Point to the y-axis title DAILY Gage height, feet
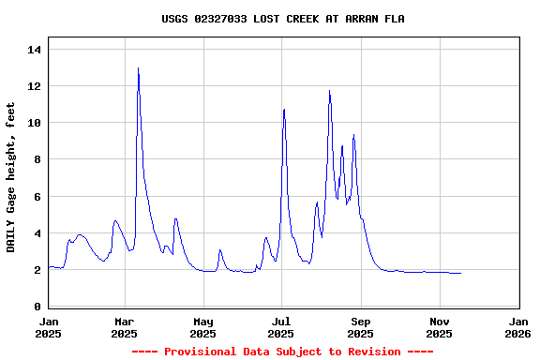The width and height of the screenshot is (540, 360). pyautogui.click(x=11, y=177)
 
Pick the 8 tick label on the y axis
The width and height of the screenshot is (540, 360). pyautogui.click(x=38, y=159)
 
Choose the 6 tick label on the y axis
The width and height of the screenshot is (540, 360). pyautogui.click(x=38, y=197)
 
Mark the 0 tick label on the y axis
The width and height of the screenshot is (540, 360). pyautogui.click(x=38, y=307)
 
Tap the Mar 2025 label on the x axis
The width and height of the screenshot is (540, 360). pyautogui.click(x=125, y=326)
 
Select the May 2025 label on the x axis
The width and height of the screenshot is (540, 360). pyautogui.click(x=203, y=326)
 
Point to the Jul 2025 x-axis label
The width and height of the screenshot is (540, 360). pyautogui.click(x=281, y=326)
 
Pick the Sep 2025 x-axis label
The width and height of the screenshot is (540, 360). pyautogui.click(x=361, y=326)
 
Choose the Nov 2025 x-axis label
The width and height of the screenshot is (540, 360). pyautogui.click(x=440, y=326)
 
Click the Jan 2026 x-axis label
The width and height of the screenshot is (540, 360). pyautogui.click(x=517, y=326)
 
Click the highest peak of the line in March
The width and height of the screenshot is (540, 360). pyautogui.click(x=138, y=68)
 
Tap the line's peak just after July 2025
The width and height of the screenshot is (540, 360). pyautogui.click(x=284, y=110)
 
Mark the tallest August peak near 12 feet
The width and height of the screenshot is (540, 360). pyautogui.click(x=330, y=91)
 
